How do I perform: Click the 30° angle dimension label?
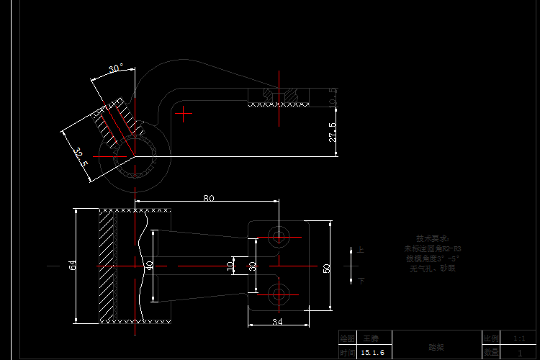coord(116,68)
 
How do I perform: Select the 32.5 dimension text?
coord(80,158)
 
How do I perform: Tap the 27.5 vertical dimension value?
coord(332,132)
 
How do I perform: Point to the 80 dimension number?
coord(209,198)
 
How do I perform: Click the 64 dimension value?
coord(73,265)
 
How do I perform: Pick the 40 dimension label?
coord(150,265)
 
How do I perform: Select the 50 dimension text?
coord(326,268)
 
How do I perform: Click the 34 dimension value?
coord(277,321)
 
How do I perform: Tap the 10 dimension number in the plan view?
coord(230,265)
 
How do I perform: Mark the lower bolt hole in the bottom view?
coord(278,293)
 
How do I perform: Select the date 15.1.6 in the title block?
coord(372,353)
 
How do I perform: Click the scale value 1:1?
coord(519,338)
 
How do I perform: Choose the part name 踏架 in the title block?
coord(436,346)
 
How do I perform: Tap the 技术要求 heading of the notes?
coord(432,238)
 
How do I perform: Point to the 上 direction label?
coord(361,251)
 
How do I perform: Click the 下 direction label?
coord(361,281)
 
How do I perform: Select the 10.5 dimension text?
coord(332,96)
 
